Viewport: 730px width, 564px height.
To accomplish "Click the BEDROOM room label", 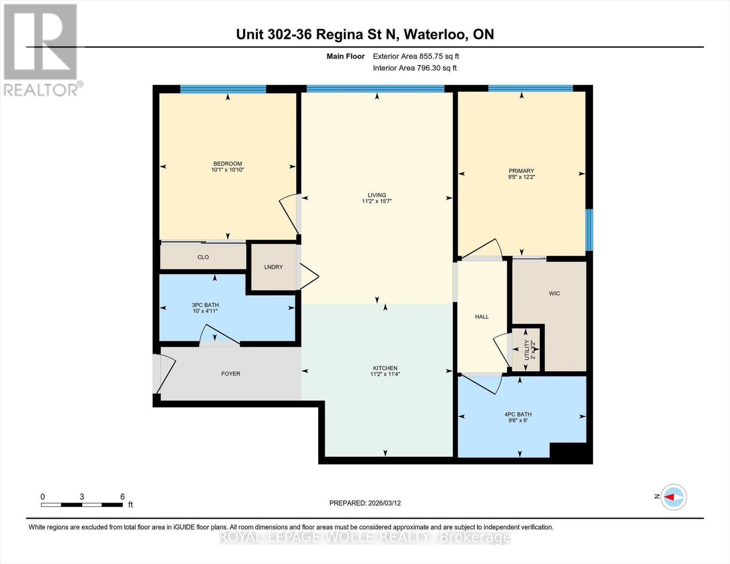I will click(x=228, y=164).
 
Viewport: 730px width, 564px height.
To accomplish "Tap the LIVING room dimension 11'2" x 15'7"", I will click(x=377, y=201).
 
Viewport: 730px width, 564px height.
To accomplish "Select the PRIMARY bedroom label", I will click(x=521, y=171).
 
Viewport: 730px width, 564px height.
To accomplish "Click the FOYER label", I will click(x=230, y=374).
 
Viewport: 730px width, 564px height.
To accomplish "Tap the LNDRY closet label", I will click(x=273, y=267).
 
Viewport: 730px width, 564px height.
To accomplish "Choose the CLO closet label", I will click(x=203, y=257).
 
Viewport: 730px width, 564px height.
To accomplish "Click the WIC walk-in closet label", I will click(x=554, y=293).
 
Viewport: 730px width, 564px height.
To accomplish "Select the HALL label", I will click(x=482, y=317).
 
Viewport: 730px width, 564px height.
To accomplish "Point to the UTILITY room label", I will click(x=526, y=350).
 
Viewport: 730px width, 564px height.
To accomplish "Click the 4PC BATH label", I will click(x=518, y=414).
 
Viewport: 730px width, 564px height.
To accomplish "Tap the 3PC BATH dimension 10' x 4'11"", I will click(x=205, y=311).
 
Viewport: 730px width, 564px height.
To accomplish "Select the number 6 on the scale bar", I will click(x=122, y=497).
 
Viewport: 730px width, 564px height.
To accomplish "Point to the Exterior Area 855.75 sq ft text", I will click(x=416, y=56).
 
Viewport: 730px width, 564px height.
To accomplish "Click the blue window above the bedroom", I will click(x=223, y=89).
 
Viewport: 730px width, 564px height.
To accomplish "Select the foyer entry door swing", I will click(x=165, y=374).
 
